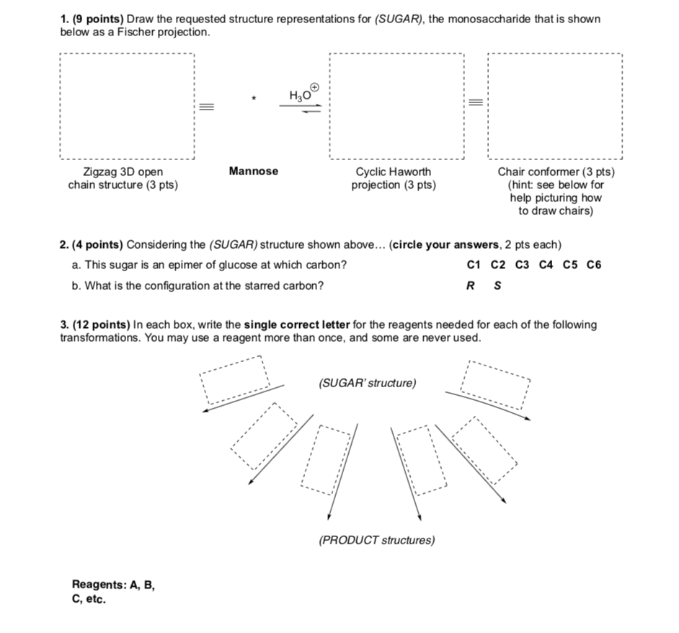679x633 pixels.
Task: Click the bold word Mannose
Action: point(253,172)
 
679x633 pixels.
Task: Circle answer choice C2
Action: point(498,265)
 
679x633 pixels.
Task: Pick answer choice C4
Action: point(546,265)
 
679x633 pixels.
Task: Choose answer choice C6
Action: point(593,265)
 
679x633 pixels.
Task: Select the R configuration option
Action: point(471,285)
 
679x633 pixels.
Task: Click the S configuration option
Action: point(496,285)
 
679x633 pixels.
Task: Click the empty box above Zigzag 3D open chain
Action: point(127,107)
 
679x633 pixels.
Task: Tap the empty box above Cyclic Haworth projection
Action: point(396,107)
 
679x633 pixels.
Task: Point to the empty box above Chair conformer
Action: point(554,107)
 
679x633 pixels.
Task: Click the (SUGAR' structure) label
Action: point(367,383)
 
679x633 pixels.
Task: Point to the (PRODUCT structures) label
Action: point(376,540)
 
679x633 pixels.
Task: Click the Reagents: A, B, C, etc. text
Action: point(112,592)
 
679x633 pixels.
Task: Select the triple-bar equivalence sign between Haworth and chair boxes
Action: point(476,103)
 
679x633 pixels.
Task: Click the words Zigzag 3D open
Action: point(123,172)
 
